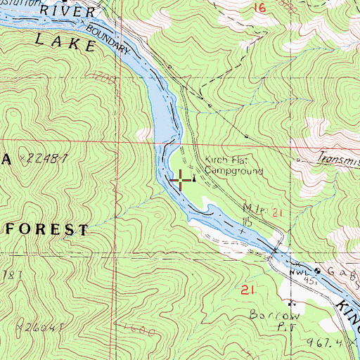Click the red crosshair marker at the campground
180,180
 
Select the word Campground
233,170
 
